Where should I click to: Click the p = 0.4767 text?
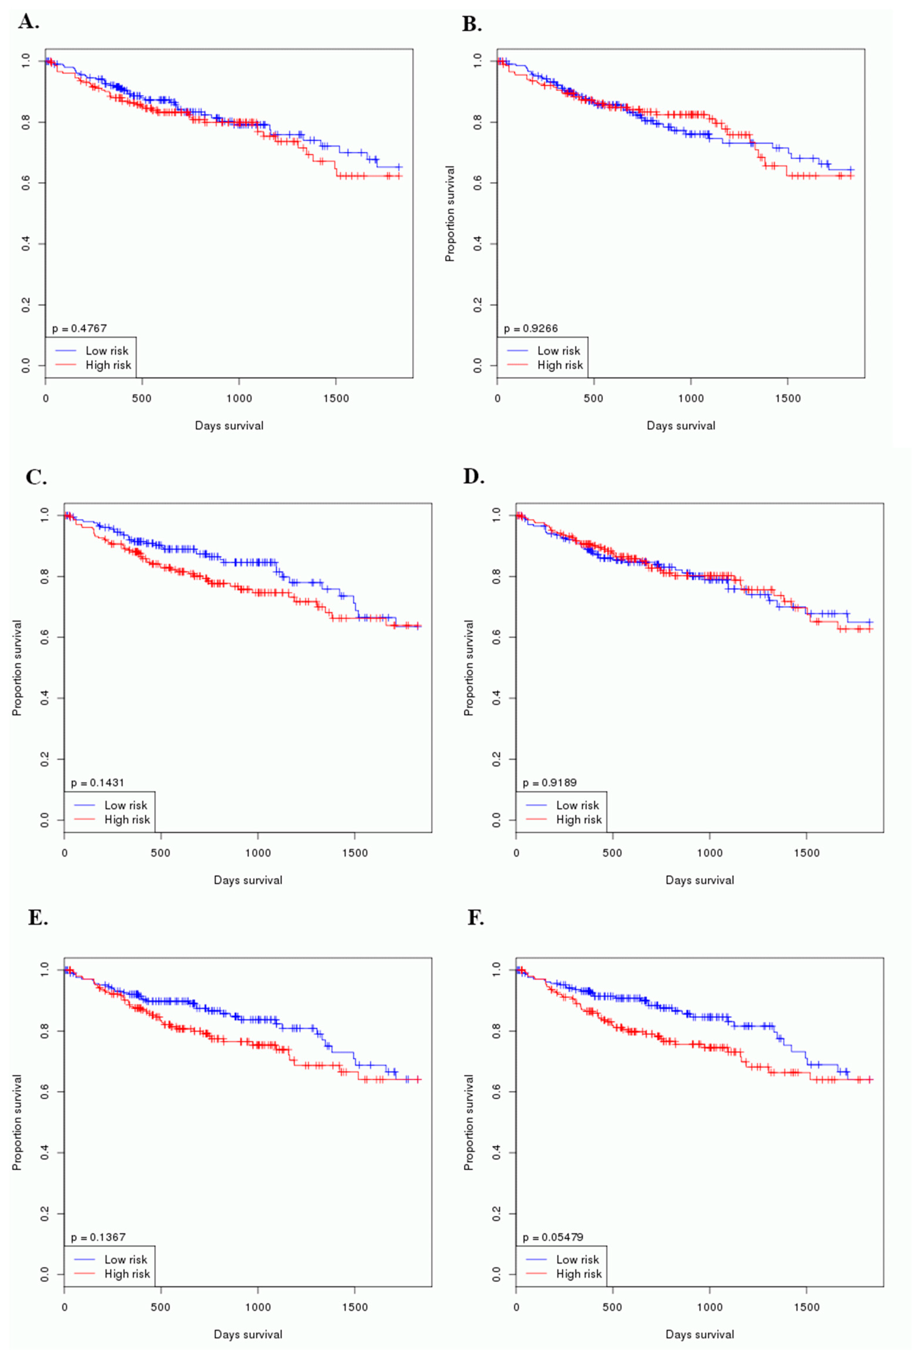pos(79,328)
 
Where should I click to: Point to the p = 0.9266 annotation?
pos(531,328)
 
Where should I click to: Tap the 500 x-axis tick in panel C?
pos(160,853)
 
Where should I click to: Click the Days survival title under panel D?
pos(699,880)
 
